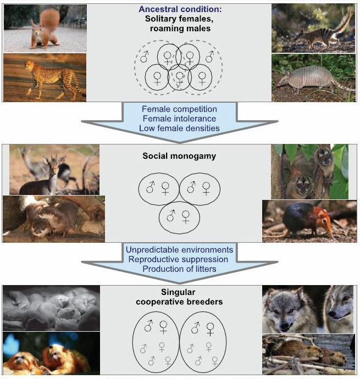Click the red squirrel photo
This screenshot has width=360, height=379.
click(45, 28)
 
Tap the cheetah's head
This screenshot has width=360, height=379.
click(29, 65)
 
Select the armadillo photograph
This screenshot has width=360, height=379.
click(314, 77)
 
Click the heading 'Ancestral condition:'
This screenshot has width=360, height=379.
click(180, 9)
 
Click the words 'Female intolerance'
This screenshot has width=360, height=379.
click(179, 119)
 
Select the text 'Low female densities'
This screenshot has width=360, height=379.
click(179, 128)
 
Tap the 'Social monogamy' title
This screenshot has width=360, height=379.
click(179, 156)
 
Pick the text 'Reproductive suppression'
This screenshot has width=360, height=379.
click(178, 259)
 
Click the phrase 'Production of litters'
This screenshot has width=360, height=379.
click(179, 269)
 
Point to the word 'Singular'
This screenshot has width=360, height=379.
click(178, 292)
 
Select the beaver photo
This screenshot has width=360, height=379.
click(309, 354)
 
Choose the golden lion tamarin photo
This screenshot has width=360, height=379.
click(51, 353)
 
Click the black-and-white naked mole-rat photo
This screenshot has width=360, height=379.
click(51, 308)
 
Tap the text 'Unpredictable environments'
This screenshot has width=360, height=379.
click(179, 250)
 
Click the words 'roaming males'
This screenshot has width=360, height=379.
click(180, 29)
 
